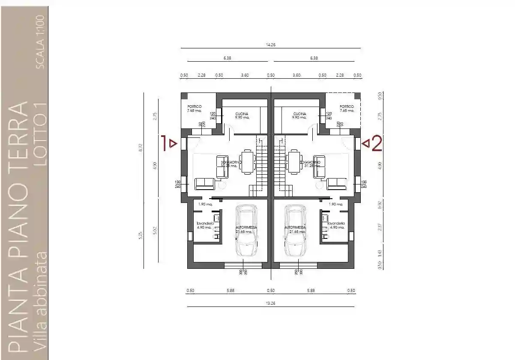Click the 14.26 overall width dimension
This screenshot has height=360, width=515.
point(270,45)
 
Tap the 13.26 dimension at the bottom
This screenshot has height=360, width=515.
point(270,303)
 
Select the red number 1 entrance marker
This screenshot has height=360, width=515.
point(164,143)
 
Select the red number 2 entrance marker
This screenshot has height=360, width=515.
point(377,144)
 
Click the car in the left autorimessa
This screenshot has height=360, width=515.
point(246,230)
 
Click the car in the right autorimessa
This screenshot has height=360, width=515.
point(296,230)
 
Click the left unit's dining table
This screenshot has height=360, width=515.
point(247,161)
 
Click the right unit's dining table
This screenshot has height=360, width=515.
point(294,161)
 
